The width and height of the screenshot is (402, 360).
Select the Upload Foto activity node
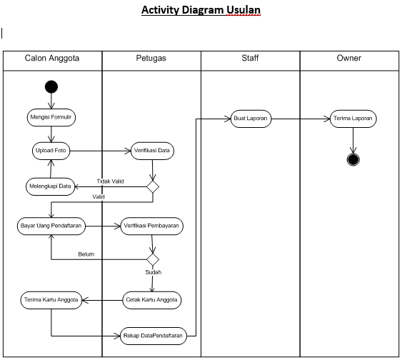[51, 151]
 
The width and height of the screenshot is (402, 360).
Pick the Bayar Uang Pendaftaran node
[51, 226]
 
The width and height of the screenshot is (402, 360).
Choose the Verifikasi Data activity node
[152, 151]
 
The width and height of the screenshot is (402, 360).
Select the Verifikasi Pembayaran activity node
[152, 226]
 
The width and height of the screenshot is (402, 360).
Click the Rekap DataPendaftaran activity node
[152, 335]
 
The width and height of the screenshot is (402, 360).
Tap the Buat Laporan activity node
[251, 119]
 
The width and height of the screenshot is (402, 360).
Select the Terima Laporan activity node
[353, 119]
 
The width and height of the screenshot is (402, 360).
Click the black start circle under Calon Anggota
[51, 87]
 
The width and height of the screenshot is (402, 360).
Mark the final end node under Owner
[353, 159]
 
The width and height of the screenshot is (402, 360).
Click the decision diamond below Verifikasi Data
[152, 186]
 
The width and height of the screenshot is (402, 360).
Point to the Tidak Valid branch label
[110, 181]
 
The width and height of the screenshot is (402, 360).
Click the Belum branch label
[86, 254]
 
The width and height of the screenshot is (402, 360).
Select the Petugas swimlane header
[151, 59]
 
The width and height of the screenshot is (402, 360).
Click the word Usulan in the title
[240, 11]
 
